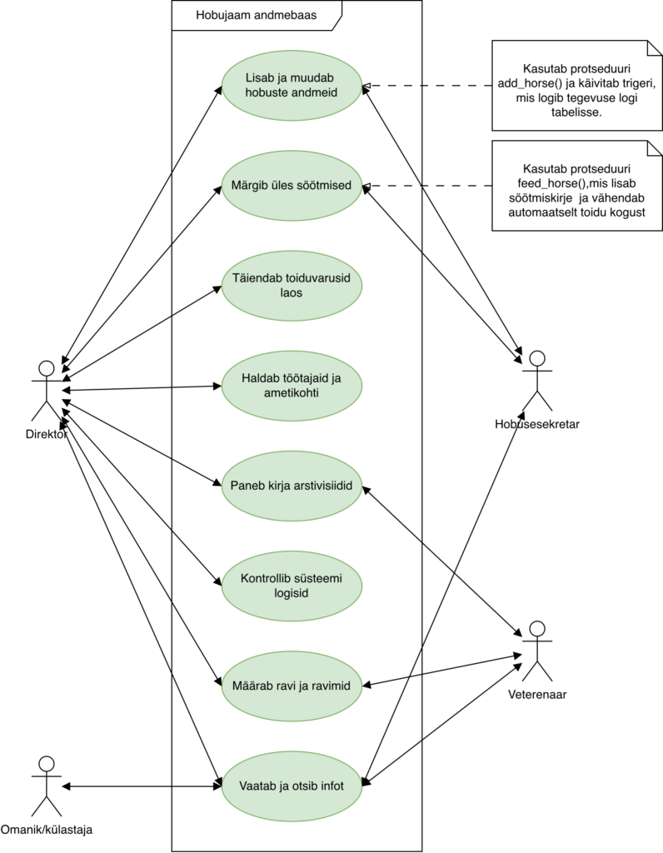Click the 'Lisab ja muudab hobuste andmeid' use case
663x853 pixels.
(x=292, y=86)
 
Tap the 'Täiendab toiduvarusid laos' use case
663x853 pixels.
(x=292, y=286)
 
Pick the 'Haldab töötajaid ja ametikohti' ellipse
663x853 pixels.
(x=292, y=385)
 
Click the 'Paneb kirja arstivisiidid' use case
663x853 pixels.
(x=292, y=486)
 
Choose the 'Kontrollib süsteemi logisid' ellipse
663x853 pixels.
(x=292, y=586)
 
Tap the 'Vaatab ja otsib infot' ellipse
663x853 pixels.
(x=292, y=785)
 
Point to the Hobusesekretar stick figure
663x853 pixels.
(x=537, y=380)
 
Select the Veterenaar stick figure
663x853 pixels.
(x=537, y=651)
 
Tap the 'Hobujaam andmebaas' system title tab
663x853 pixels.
(x=250, y=15)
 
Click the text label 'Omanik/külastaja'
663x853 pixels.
(x=47, y=830)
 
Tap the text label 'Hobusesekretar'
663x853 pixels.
(x=537, y=424)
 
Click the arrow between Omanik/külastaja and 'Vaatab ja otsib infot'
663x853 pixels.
(x=142, y=786)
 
